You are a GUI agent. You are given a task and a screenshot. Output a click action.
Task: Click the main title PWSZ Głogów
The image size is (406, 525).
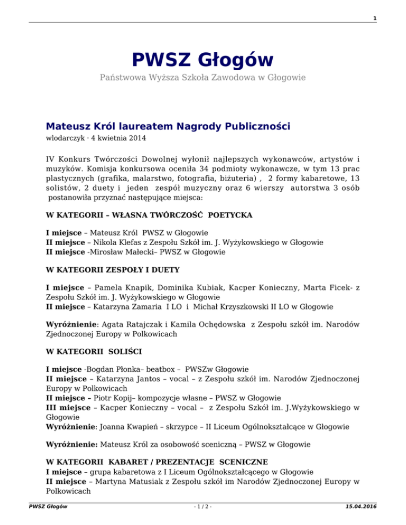202,59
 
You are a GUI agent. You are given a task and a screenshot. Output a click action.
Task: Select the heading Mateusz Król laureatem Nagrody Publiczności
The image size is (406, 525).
168,126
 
